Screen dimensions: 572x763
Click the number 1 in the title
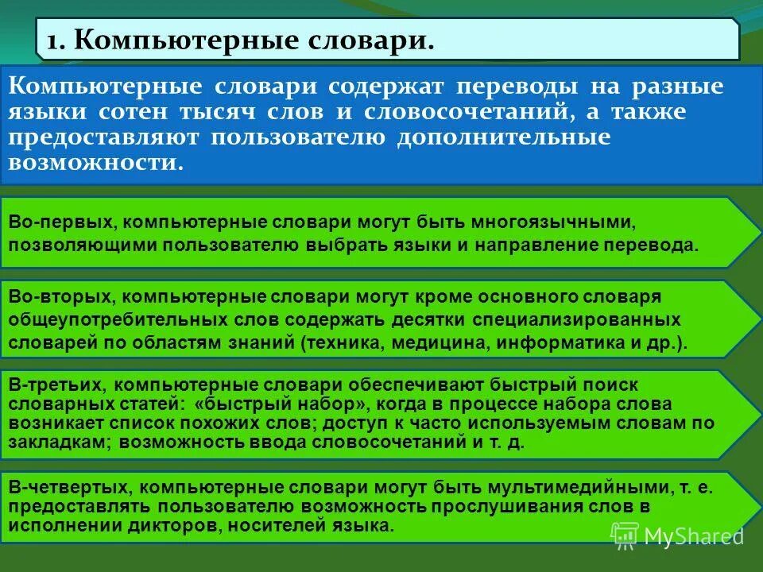click(52, 39)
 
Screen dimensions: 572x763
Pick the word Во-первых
click(60, 222)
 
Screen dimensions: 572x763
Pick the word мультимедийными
click(578, 487)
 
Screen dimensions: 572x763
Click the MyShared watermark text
click(692, 535)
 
